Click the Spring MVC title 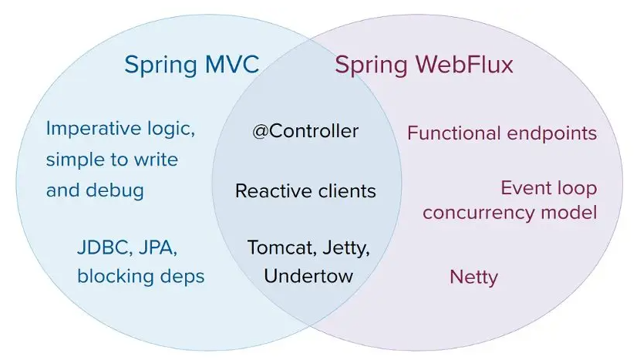pyautogui.click(x=191, y=65)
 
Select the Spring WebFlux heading pyautogui.click(x=423, y=65)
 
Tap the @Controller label pyautogui.click(x=305, y=131)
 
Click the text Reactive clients pyautogui.click(x=305, y=190)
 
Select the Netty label pyautogui.click(x=473, y=277)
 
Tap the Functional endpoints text pyautogui.click(x=502, y=133)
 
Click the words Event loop pyautogui.click(x=548, y=188)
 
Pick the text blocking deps pyautogui.click(x=140, y=276)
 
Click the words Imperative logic pyautogui.click(x=120, y=129)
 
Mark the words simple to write pyautogui.click(x=112, y=160)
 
